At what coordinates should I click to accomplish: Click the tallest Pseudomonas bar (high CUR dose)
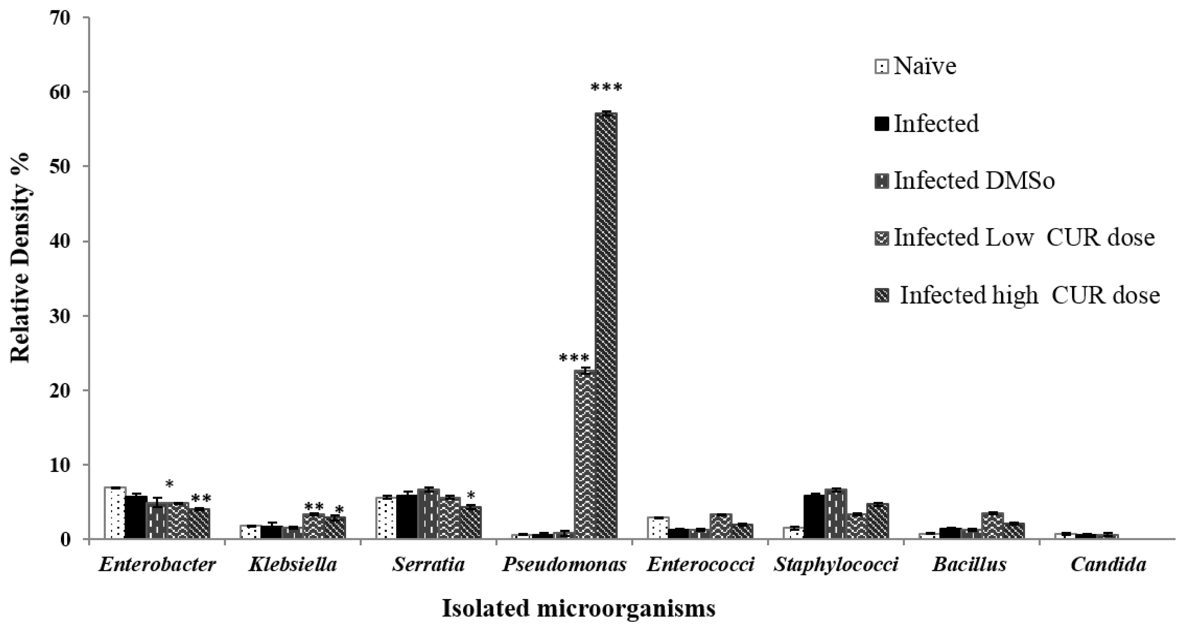[x=606, y=326]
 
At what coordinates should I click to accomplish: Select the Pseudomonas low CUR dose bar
[x=585, y=454]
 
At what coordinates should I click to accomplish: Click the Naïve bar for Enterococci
[x=658, y=528]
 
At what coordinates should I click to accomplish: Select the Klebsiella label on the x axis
[x=293, y=565]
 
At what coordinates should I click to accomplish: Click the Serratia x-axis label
[x=428, y=565]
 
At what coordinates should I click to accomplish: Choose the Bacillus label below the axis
[x=969, y=565]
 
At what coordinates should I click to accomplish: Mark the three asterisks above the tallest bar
[x=606, y=87]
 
